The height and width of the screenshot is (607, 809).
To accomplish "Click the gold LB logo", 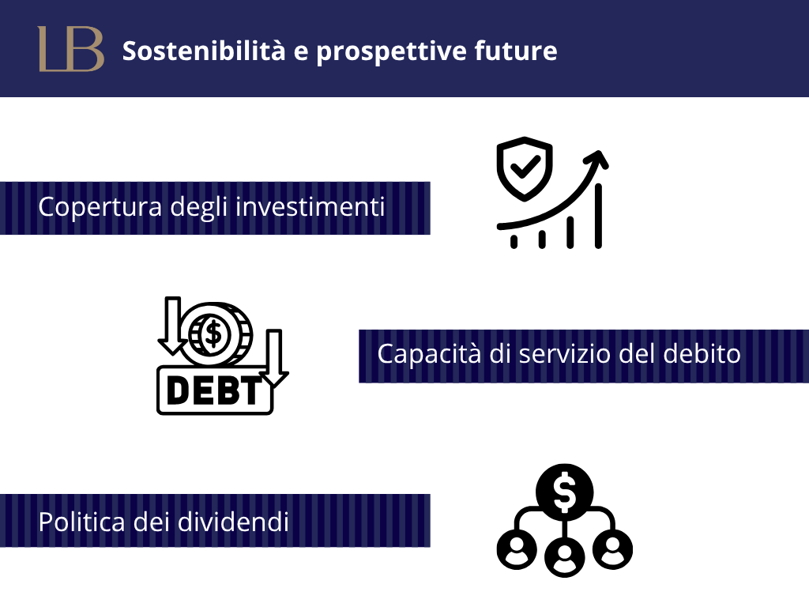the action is (x=71, y=49).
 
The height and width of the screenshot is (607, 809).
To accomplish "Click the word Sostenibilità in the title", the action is (x=204, y=51).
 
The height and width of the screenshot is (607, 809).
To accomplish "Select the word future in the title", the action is (x=516, y=51).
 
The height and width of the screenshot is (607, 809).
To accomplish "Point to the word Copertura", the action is (x=100, y=208).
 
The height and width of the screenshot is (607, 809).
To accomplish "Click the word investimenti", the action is (x=310, y=206).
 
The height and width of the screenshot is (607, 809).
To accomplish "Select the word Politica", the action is (x=81, y=522).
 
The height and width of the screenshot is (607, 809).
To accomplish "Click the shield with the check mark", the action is (x=525, y=168).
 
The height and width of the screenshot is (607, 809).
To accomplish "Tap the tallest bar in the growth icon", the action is (x=598, y=216).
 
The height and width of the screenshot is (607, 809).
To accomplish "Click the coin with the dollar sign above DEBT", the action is (x=215, y=334).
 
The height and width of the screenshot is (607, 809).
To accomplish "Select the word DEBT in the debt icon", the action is (x=215, y=390).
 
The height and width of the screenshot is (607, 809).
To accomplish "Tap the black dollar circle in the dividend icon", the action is (x=564, y=492).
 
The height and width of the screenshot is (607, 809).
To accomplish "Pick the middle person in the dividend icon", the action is (x=564, y=556).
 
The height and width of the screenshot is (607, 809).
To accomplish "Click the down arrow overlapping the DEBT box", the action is (x=274, y=358).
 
